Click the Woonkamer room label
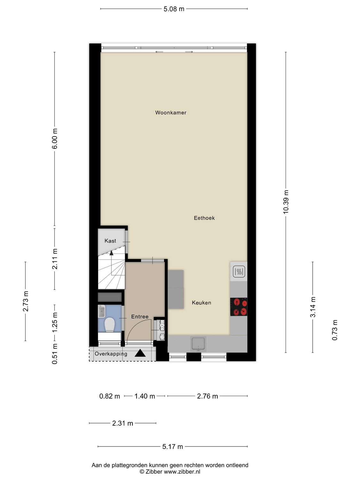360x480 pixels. point(171,113)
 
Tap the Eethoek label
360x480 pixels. point(204,218)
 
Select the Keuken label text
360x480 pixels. point(201,303)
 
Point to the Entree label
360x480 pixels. point(140,317)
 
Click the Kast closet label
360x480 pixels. point(110,241)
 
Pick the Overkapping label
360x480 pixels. point(111,354)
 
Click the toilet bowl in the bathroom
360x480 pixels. point(109,324)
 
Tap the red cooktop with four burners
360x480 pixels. point(238,307)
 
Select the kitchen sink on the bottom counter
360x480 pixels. point(198,344)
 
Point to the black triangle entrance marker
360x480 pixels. point(140,353)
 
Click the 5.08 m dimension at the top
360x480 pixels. point(174,9)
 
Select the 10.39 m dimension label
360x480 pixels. point(286,202)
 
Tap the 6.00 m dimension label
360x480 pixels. point(55,138)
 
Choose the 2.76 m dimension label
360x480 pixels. point(207,396)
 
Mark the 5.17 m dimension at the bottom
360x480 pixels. point(172,447)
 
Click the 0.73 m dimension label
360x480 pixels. point(335,330)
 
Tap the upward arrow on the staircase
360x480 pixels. point(111,253)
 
